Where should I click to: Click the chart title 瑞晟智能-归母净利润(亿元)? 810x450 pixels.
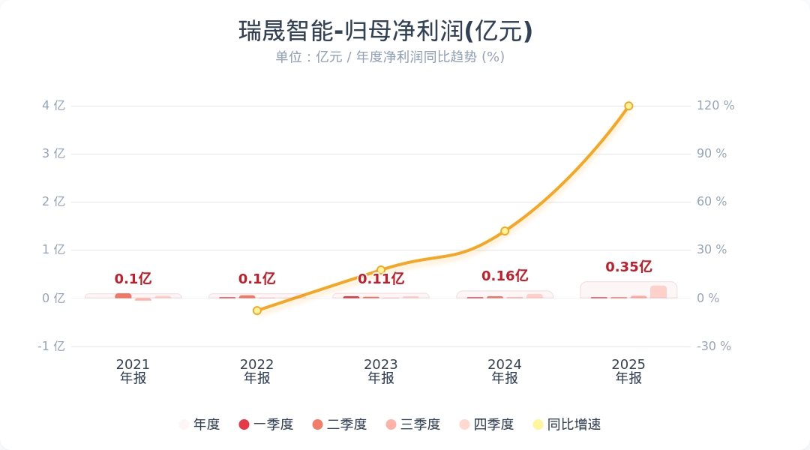click(x=385, y=31)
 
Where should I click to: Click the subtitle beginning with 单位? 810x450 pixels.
click(x=389, y=57)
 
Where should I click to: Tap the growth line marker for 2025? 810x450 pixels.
click(x=628, y=106)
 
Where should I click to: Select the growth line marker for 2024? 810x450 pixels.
click(x=505, y=231)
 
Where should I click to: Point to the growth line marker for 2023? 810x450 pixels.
click(x=381, y=270)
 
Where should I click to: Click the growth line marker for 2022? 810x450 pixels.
click(x=257, y=310)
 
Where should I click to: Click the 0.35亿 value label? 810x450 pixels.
click(x=628, y=267)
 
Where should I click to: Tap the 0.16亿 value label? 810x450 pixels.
click(x=505, y=276)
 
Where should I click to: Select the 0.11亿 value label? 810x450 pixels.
click(x=381, y=279)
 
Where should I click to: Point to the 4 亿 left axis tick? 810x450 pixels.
click(x=53, y=106)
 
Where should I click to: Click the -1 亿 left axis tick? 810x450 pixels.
click(x=52, y=346)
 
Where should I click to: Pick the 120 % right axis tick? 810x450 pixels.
click(x=715, y=106)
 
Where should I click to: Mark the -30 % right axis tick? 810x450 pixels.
click(x=714, y=346)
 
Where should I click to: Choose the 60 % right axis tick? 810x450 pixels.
click(x=712, y=202)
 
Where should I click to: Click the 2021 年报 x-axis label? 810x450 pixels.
click(x=133, y=371)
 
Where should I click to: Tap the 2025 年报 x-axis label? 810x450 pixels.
click(x=628, y=371)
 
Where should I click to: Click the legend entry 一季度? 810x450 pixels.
click(x=266, y=424)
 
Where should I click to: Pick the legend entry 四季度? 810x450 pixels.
click(x=487, y=424)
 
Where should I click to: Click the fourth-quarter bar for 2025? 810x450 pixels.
click(x=658, y=292)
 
